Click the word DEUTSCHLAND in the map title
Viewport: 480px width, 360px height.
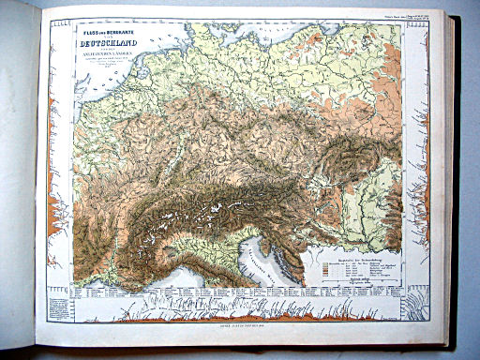[x=105, y=40]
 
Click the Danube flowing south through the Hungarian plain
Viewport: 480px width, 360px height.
[x=361, y=216]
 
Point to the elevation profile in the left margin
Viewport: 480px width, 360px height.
[x=59, y=187]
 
